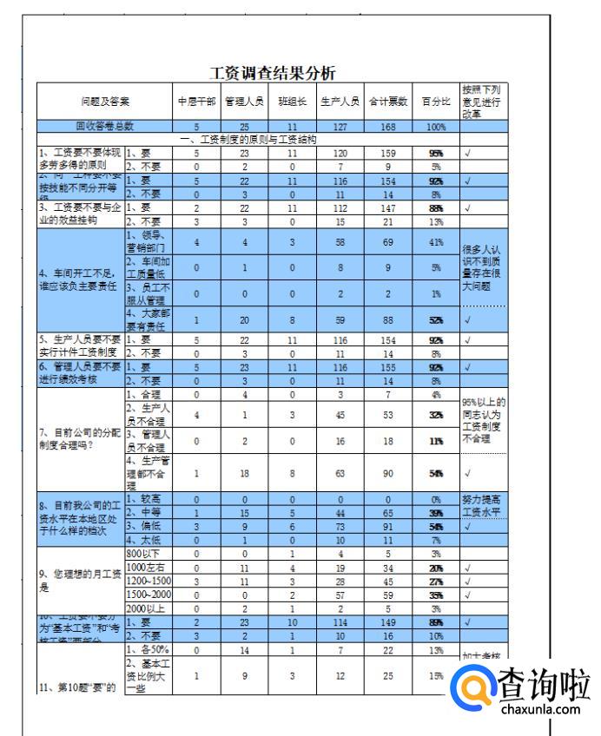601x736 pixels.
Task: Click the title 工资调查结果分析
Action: (273, 73)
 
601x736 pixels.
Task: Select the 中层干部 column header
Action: (196, 102)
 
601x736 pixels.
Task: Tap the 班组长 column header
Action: (292, 102)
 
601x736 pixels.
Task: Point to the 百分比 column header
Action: (436, 102)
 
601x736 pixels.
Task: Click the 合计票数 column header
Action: (387, 102)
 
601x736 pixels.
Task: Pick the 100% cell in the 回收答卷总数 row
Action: (436, 127)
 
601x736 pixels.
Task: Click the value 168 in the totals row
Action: (387, 127)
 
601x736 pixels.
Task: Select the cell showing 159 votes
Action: (387, 153)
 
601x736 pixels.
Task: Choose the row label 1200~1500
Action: (149, 581)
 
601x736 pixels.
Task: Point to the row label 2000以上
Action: (146, 608)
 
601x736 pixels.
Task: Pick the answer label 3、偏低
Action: (144, 526)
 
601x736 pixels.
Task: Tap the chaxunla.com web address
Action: (540, 710)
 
